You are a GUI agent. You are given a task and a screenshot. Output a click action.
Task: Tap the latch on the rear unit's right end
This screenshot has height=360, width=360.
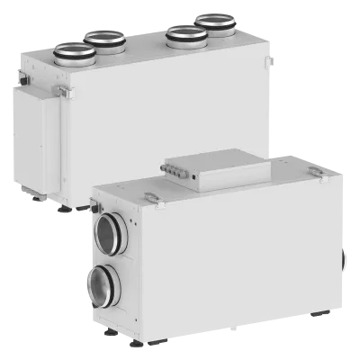(x=268, y=60)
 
